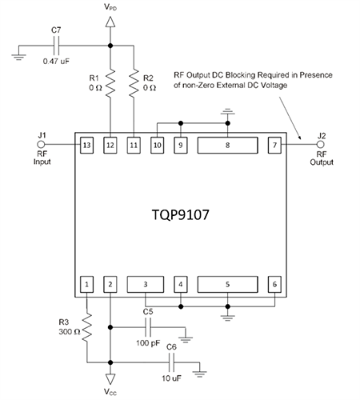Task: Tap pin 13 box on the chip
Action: click(x=86, y=146)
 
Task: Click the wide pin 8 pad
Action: click(x=228, y=146)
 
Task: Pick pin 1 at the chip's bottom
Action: click(x=86, y=284)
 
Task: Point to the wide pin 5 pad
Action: click(x=228, y=284)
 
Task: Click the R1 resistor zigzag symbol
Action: click(x=110, y=82)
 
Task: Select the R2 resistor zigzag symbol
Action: click(x=134, y=82)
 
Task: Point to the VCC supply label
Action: click(x=111, y=392)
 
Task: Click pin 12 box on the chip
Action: click(x=110, y=146)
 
